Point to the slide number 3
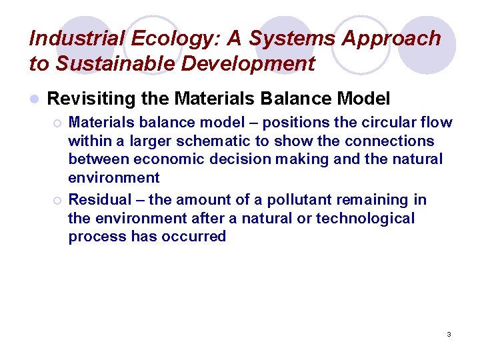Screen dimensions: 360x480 tap(449, 334)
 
